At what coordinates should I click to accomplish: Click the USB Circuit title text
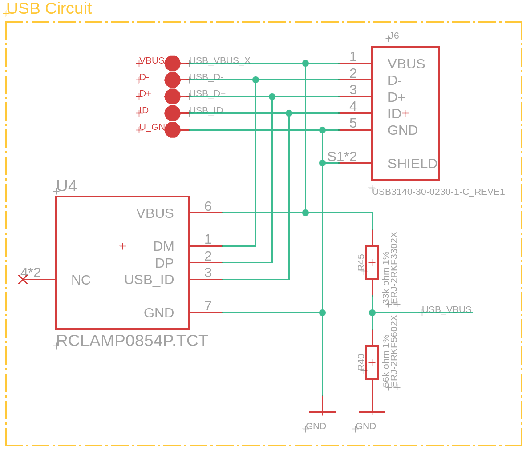49,8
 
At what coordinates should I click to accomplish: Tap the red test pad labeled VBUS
172,63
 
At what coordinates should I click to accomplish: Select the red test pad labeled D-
172,80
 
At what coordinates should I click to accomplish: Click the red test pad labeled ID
172,113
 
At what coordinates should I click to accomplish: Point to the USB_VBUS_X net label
220,60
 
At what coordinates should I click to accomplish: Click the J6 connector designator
394,36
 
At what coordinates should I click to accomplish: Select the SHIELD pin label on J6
412,164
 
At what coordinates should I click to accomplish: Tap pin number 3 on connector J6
353,90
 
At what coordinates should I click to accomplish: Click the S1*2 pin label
342,157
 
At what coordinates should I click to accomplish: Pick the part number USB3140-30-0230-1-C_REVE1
438,192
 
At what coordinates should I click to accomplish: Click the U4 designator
67,186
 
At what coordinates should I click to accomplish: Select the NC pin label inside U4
81,280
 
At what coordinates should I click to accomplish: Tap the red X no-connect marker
23,279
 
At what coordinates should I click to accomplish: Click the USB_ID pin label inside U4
149,280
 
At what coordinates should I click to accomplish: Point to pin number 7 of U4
208,306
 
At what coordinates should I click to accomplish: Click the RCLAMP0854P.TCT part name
132,341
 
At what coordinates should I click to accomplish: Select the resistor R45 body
372,263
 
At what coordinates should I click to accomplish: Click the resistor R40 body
372,362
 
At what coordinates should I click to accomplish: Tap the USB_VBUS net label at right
446,309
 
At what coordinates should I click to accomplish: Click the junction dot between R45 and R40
372,313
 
